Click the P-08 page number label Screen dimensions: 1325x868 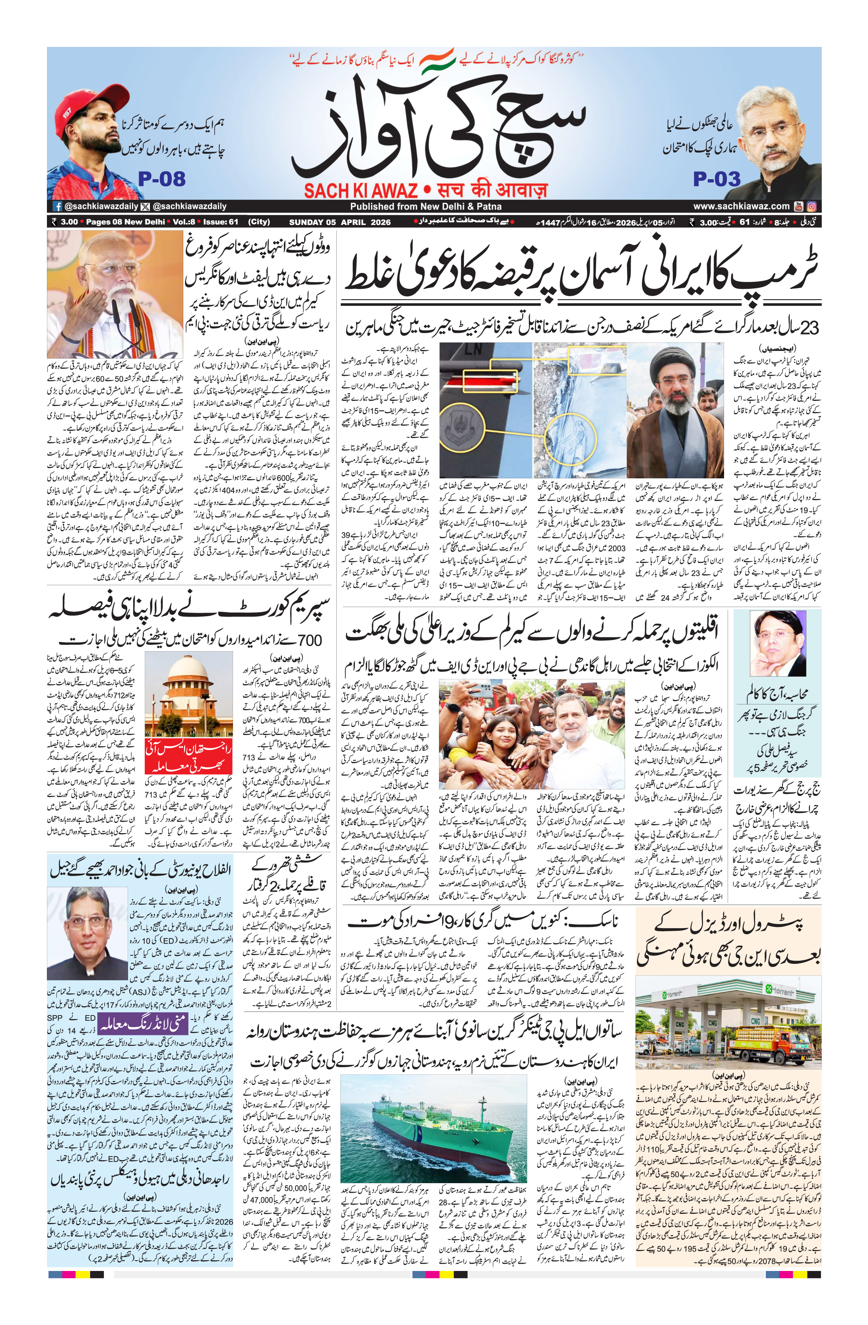coord(161,179)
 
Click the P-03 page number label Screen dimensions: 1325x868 coord(717,179)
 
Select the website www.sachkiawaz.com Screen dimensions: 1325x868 coord(741,206)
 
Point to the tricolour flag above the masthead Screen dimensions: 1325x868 coord(437,60)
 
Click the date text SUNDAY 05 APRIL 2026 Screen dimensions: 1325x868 coord(340,222)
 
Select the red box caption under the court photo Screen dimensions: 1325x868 coord(188,756)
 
